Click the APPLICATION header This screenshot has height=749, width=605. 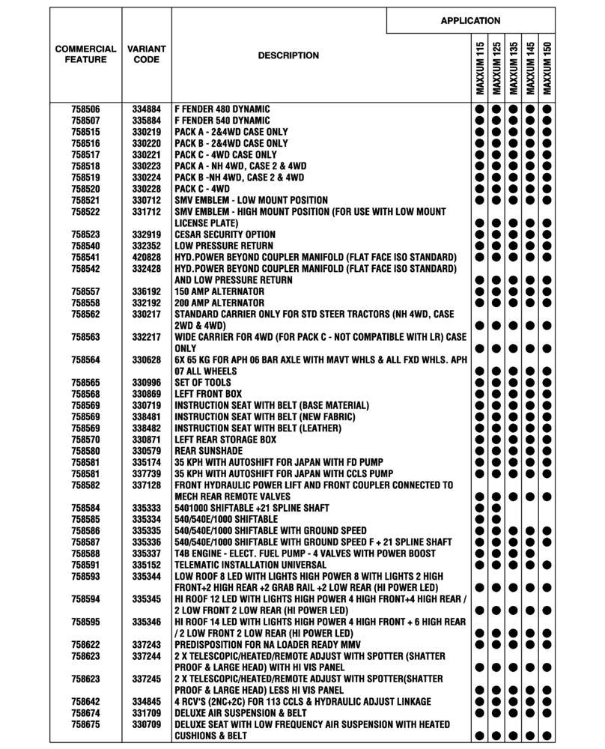470,21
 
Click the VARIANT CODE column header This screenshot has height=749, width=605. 147,55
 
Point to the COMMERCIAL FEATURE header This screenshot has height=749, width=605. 86,55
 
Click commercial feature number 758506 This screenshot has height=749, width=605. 86,109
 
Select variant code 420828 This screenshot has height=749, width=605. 147,257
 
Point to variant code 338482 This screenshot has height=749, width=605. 147,428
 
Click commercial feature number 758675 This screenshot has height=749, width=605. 86,725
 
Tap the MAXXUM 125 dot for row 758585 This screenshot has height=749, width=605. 496,519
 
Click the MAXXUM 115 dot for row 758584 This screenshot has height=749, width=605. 479,508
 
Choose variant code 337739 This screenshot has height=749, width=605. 147,473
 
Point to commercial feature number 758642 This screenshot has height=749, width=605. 86,702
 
